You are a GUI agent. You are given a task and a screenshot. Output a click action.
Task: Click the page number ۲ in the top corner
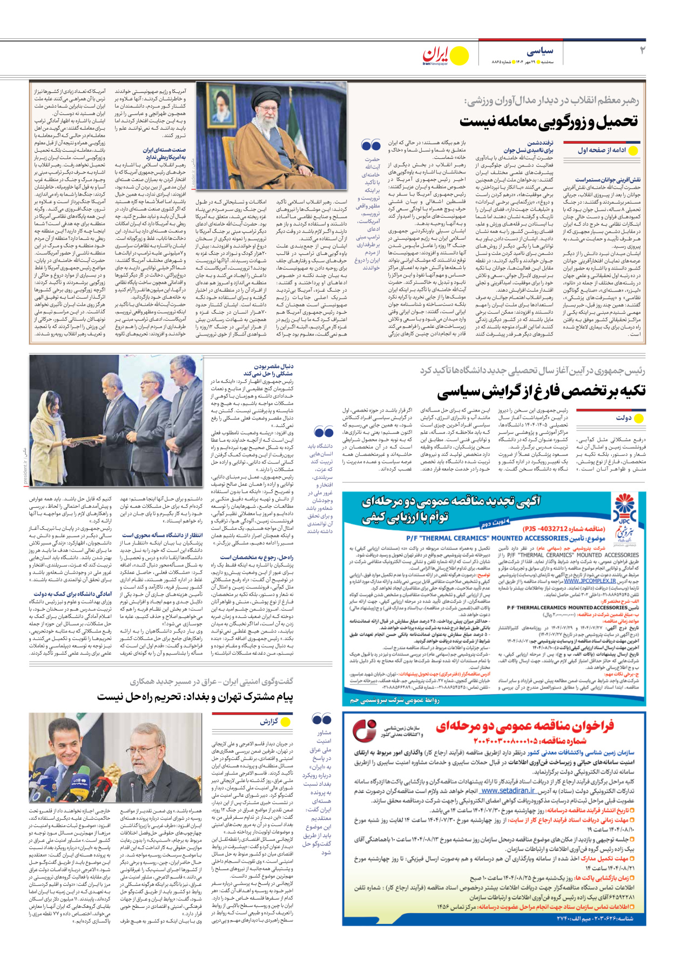pyautogui.click(x=642, y=51)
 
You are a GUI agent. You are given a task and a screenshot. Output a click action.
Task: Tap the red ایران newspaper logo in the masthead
pyautogui.click(x=436, y=55)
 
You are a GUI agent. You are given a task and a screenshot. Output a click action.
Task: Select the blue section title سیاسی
pyautogui.click(x=540, y=51)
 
